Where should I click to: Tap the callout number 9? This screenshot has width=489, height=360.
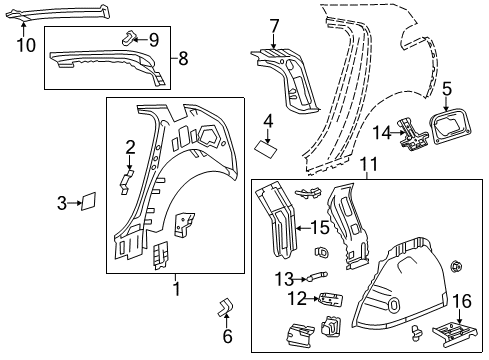coord(153,40)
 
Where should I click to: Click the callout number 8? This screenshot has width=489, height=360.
coord(182,59)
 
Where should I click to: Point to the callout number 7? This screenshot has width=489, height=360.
coord(274,24)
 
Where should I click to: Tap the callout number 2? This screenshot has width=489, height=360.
coord(130,148)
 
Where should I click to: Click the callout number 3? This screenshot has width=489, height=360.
coord(62,203)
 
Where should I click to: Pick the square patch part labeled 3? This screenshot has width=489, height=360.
coord(88,201)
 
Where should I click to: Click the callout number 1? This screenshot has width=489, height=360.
coord(175,289)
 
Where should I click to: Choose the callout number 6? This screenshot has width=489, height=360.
coord(227,336)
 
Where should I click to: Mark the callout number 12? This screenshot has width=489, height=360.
coord(296,298)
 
